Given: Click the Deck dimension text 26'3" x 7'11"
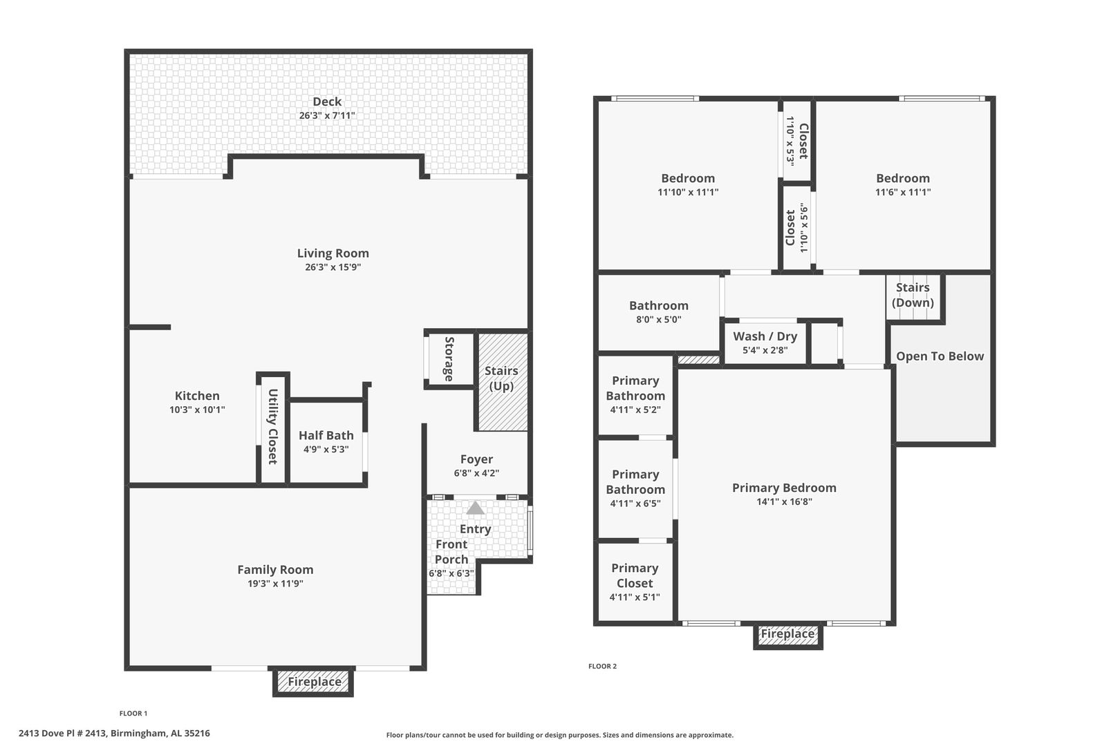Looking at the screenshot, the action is (x=327, y=115).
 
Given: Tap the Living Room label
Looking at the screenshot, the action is (x=333, y=254).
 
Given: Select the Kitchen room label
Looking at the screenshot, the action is (x=197, y=396).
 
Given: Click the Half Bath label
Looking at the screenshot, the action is (x=326, y=435).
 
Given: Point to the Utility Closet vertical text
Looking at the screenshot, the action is (x=273, y=426).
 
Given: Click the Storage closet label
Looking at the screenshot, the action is (x=449, y=358).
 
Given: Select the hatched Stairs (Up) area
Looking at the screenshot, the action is (x=503, y=382).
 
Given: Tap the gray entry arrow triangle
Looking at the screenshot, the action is (x=475, y=508).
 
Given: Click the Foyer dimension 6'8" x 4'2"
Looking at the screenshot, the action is (x=476, y=472).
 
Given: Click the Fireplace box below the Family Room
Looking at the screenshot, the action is (x=313, y=682).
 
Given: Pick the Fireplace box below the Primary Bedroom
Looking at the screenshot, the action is (x=788, y=635).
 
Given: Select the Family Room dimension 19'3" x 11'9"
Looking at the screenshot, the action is (x=275, y=583).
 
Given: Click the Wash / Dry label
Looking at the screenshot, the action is (x=765, y=336).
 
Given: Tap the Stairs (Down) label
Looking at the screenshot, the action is (x=913, y=295).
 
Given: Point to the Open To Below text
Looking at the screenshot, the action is (x=940, y=356).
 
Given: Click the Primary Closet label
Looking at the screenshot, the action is (x=635, y=575).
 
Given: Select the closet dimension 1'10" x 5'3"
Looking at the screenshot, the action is (x=790, y=141).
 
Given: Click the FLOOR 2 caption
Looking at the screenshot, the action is (x=602, y=666).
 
